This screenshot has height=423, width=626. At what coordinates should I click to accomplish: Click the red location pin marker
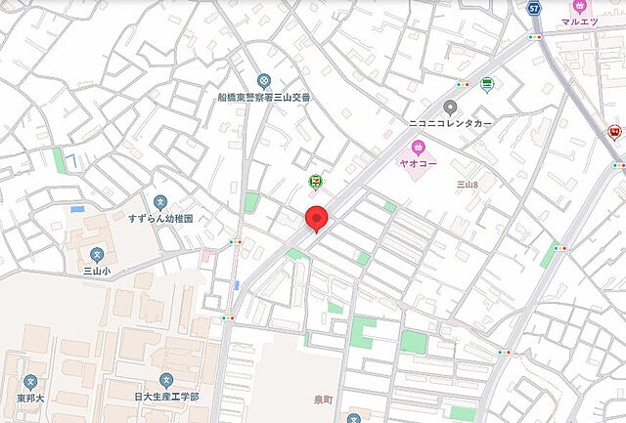click(x=316, y=218)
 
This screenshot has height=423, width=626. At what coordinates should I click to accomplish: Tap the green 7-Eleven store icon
click(x=316, y=182)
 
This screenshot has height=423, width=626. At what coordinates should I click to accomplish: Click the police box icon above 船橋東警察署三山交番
click(x=263, y=82)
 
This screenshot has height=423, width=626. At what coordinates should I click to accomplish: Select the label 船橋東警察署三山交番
click(x=263, y=99)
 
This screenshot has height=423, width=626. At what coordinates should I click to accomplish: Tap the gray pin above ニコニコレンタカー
click(x=450, y=107)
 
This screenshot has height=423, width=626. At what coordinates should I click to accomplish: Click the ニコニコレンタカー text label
click(x=450, y=124)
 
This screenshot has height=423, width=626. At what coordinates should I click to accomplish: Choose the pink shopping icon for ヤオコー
click(x=418, y=148)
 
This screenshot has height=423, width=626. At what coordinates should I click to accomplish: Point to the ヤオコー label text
click(x=418, y=163)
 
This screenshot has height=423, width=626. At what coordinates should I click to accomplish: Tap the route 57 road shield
click(x=533, y=8)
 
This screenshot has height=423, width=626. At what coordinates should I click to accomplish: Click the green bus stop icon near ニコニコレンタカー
click(x=487, y=83)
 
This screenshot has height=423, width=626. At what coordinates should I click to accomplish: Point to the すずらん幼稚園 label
click(x=159, y=218)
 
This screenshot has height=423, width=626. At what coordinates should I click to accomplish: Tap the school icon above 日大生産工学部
click(x=166, y=380)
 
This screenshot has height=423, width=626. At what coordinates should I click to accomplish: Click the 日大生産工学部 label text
click(x=166, y=397)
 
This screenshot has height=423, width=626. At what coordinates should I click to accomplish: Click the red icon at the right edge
click(x=615, y=131)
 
